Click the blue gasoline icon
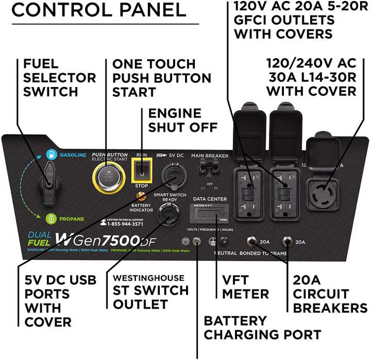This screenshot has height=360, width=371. (x=51, y=153)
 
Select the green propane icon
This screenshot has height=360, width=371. (x=50, y=218)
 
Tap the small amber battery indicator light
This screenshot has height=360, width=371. (x=139, y=197)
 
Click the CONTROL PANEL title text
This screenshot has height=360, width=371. (x=98, y=10)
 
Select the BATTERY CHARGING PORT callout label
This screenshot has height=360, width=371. (x=262, y=328)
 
